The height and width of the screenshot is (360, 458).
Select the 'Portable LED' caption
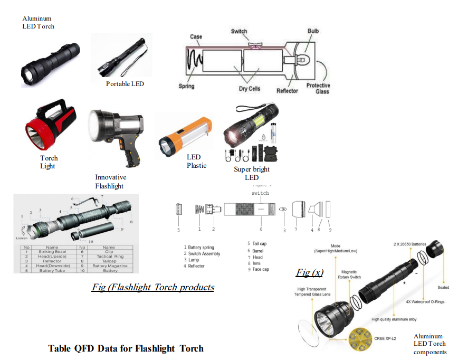point(125,84)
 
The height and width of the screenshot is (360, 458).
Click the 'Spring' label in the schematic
point(186,86)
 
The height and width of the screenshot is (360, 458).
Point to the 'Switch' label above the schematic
point(239,31)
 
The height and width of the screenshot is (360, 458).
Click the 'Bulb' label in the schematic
point(313,31)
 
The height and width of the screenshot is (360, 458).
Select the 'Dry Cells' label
point(250,89)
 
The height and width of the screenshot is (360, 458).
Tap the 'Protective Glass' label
point(318,88)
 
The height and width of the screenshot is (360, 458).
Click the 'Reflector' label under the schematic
point(287,91)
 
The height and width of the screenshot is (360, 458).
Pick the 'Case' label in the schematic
point(196,36)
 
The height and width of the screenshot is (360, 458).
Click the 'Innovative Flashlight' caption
point(111,182)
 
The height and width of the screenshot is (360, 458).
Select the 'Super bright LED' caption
point(252,173)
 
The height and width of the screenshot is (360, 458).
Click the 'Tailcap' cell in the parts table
point(109,261)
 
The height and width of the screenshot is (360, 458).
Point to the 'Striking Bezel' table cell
point(52,252)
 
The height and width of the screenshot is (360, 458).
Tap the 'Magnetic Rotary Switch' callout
point(349,274)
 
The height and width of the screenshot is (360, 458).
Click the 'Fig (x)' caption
point(310,272)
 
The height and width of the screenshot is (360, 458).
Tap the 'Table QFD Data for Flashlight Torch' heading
point(126,348)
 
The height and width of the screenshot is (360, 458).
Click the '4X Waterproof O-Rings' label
point(425,302)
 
